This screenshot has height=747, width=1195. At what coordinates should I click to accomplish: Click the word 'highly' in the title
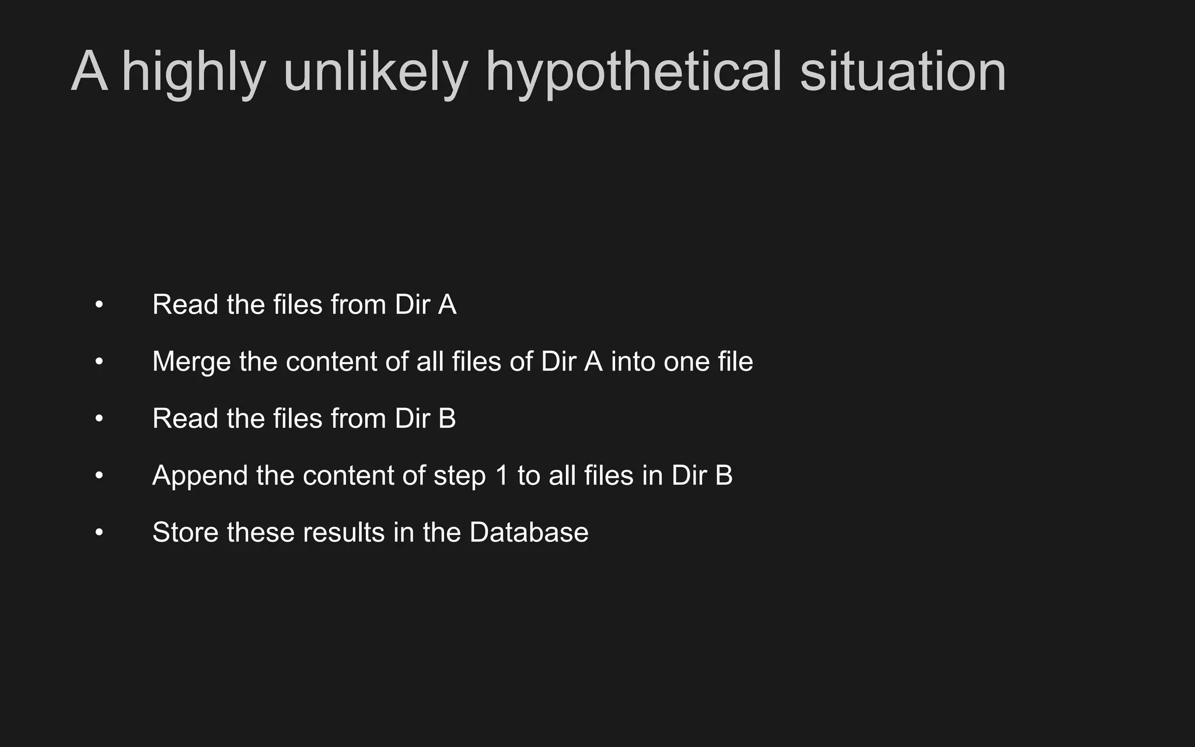(x=193, y=72)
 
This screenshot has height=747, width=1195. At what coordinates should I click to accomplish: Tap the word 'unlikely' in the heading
(x=375, y=72)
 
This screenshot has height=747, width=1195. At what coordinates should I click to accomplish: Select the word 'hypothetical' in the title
(x=633, y=72)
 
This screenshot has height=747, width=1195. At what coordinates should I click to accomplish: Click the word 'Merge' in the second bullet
(x=191, y=362)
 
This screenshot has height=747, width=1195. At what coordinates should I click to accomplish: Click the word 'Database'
(x=529, y=532)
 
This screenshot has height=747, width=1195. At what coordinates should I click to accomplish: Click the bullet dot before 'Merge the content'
(x=99, y=362)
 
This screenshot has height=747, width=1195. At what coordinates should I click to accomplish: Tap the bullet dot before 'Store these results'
(x=99, y=532)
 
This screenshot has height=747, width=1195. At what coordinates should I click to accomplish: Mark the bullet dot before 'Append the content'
(x=99, y=476)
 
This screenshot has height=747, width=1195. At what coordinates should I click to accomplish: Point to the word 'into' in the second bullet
(x=632, y=362)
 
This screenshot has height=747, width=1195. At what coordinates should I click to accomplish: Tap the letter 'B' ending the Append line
(x=724, y=476)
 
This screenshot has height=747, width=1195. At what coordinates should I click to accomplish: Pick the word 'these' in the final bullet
(x=260, y=532)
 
